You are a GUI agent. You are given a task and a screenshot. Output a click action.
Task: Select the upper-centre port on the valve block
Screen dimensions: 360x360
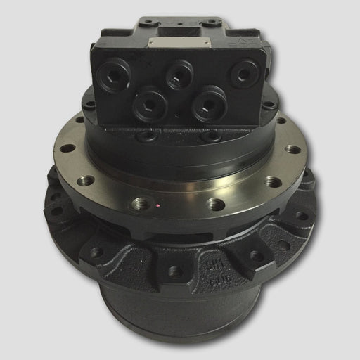(179, 72)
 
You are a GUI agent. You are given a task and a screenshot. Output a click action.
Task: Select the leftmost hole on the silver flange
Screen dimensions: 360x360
(67, 148)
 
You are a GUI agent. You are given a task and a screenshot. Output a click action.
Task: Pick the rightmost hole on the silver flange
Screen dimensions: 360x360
(293, 149)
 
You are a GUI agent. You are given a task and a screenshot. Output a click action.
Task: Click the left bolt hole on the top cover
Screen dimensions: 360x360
(150, 22)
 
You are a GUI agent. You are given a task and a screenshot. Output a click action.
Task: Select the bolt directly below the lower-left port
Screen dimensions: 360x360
(148, 135)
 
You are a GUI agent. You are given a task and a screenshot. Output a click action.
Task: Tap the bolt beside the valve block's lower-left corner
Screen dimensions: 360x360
(89, 105)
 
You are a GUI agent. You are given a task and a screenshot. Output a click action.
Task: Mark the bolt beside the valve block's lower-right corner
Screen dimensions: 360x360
(269, 105)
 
